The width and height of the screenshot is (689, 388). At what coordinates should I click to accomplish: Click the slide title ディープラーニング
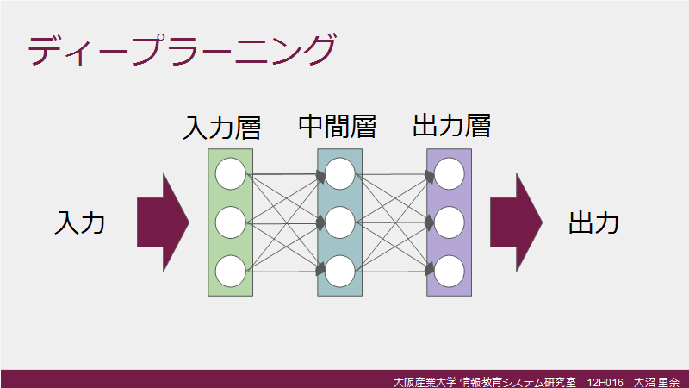click(182, 50)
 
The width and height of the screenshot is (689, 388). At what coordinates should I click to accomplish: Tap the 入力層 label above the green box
click(222, 128)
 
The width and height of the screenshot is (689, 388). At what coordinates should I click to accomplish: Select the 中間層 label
click(338, 127)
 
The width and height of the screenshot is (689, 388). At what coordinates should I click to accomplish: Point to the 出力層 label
click(451, 126)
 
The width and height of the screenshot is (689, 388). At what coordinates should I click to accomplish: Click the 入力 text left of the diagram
click(79, 222)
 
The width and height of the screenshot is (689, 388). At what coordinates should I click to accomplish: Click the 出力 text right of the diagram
click(594, 222)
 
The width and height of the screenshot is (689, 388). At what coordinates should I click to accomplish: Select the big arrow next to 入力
click(163, 222)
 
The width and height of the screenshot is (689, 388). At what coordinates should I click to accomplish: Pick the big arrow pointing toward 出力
click(516, 222)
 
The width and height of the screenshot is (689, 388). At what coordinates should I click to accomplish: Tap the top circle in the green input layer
click(230, 174)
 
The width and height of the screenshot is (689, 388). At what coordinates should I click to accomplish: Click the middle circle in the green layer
click(230, 222)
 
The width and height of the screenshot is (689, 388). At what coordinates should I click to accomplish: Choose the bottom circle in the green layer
click(230, 272)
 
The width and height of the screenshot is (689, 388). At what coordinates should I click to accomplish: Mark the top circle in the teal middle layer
click(339, 174)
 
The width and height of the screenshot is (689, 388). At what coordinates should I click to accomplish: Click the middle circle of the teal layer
click(339, 222)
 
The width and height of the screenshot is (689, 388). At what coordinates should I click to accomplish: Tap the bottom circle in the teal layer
click(339, 272)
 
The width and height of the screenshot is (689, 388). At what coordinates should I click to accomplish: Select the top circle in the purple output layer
click(449, 174)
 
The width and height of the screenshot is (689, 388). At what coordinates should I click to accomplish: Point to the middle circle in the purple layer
click(449, 222)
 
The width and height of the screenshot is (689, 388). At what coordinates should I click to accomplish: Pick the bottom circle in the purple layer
click(449, 272)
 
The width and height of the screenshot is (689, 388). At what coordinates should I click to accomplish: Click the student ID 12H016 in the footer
click(605, 382)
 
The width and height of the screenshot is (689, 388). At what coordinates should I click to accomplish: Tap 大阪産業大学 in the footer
click(425, 382)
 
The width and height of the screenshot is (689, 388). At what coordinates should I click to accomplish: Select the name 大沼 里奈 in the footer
click(656, 382)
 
